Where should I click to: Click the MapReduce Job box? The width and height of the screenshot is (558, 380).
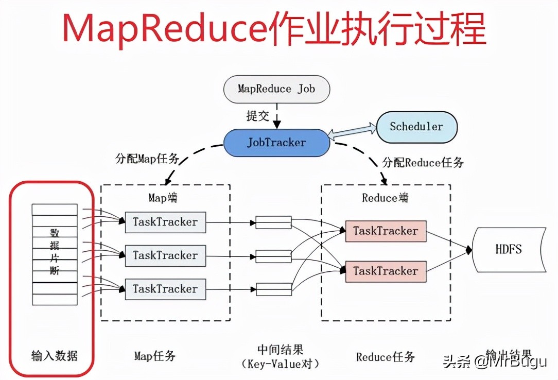tap(276, 89)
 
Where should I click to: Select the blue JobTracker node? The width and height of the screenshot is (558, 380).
tap(276, 143)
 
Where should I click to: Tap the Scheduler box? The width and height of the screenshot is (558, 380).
tap(416, 127)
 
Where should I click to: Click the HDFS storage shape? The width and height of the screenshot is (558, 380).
tap(509, 249)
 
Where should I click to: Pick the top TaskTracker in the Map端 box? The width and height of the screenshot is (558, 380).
tap(165, 222)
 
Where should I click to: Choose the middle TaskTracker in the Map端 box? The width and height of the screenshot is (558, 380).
tap(165, 255)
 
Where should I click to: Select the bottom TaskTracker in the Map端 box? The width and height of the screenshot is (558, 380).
tap(165, 289)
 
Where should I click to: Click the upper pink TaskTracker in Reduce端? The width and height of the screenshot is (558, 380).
tap(386, 231)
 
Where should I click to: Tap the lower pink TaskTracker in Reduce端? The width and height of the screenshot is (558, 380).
tap(386, 271)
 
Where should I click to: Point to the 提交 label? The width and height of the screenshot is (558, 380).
tap(257, 116)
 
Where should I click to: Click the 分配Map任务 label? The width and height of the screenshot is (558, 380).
tap(147, 159)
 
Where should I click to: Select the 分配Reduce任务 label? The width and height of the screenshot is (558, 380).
tap(423, 163)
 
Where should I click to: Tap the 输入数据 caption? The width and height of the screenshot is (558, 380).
tap(54, 355)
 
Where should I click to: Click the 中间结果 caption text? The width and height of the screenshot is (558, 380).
tap(281, 350)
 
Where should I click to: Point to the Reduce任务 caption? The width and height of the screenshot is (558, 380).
tap(385, 356)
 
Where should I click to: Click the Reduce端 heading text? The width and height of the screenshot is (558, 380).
tap(386, 198)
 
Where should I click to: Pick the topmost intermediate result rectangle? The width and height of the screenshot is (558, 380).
tap(274, 222)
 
